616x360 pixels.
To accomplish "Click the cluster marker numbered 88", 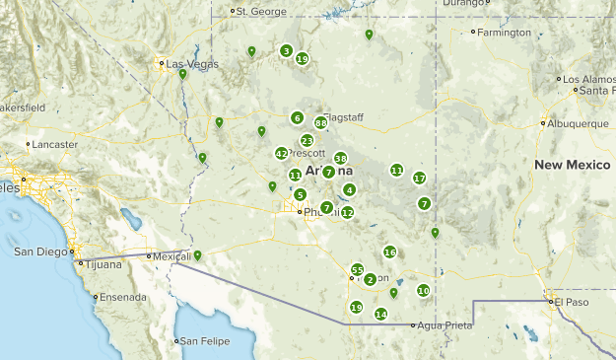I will coord(321,123).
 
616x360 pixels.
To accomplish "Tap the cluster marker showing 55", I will coord(358,270).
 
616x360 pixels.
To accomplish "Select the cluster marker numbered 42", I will coord(282,153).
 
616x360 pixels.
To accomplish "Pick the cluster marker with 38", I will coord(340,159).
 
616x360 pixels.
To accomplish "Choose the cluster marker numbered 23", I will coord(308,141).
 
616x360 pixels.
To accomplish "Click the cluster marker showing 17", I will coord(419,179).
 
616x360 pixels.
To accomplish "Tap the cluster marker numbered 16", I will coord(389,252).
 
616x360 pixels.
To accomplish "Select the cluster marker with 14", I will coord(380,315).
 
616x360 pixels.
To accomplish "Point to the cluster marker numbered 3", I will coord(286,51).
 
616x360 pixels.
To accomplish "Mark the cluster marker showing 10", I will coord(423,291).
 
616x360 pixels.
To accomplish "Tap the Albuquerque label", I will coord(580,124).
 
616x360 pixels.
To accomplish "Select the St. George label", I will coord(261,12).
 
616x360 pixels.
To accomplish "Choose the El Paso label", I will coord(571,301).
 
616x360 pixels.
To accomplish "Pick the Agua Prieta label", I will coord(441,324).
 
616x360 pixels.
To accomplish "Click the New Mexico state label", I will coord(575,164).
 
